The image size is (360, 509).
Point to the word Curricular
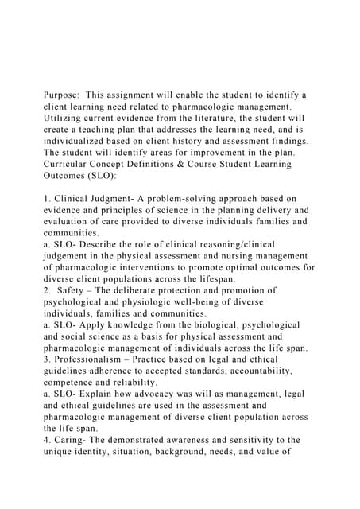click(71, 164)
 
